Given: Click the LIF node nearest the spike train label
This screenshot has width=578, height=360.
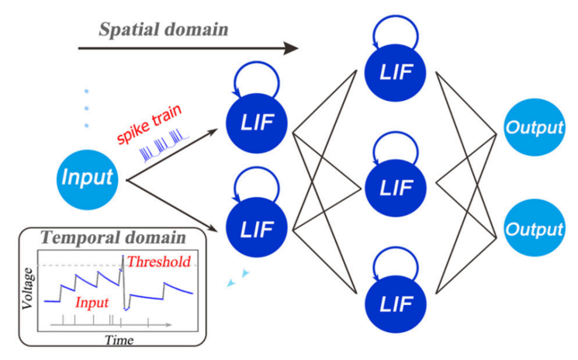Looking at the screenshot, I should point(256,122).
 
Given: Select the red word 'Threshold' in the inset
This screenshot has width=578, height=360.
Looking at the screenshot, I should point(159,261).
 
